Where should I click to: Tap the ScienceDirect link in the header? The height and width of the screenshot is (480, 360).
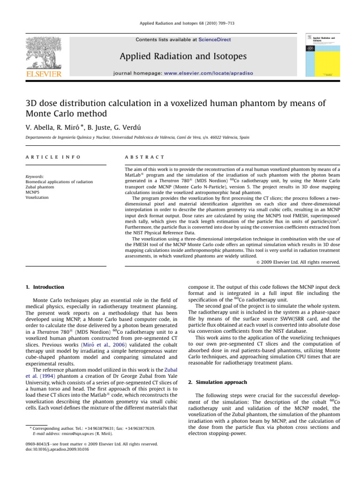click(214, 40)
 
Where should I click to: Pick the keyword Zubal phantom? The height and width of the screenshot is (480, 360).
click(38, 187)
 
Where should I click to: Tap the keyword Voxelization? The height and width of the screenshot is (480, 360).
click(36, 198)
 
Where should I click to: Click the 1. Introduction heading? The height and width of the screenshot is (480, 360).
click(44, 287)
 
